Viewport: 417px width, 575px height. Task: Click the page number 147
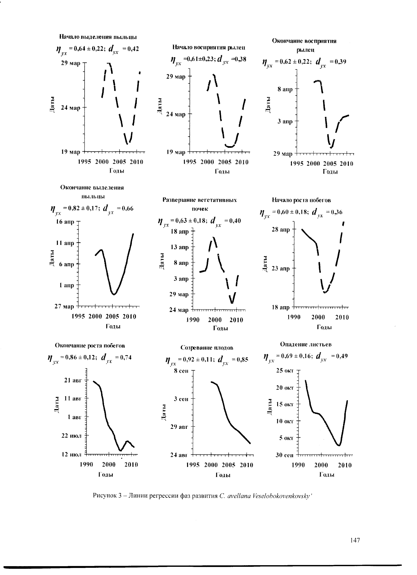click(355, 540)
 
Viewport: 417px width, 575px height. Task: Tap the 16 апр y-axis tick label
click(65, 222)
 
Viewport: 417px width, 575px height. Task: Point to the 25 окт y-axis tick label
click(285, 371)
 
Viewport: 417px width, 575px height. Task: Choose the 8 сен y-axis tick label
click(181, 371)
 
